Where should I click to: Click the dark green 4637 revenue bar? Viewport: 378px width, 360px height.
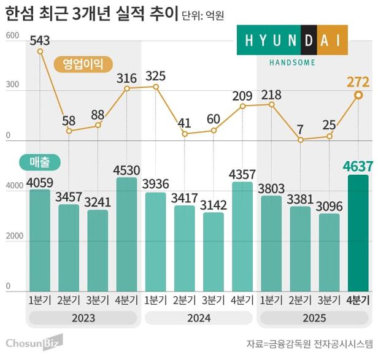tap(358, 233)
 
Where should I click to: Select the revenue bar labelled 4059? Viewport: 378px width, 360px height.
tap(40, 240)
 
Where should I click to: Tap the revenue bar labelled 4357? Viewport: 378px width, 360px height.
tap(242, 236)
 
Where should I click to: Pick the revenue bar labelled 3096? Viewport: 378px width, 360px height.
tap(329, 252)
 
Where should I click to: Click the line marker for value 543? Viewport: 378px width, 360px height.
tap(40, 51)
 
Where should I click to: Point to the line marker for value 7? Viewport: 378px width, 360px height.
tap(301, 140)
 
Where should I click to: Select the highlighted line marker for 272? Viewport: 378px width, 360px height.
tap(358, 95)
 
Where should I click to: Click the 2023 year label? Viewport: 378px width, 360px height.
tap(83, 318)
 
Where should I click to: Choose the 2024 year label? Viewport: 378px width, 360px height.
tap(199, 318)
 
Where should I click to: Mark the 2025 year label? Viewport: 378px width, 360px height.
tap(315, 318)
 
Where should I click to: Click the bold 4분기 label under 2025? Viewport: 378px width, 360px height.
tap(358, 300)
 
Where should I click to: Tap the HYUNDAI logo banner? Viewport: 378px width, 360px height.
tap(292, 40)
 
